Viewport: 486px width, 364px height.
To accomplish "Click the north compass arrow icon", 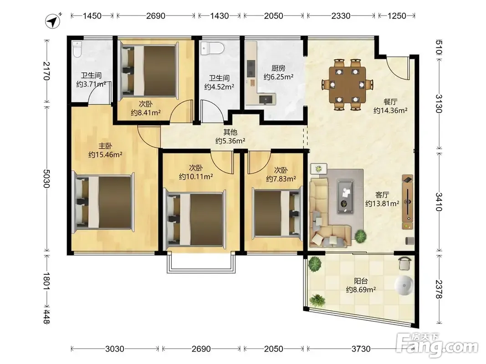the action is (53, 22).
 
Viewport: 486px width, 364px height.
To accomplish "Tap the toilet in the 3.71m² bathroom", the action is (77, 49).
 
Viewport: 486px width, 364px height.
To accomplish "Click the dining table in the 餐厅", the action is (347, 84).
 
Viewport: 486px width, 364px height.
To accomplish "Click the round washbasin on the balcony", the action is (404, 285).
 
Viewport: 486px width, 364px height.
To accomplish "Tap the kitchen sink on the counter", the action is (266, 99).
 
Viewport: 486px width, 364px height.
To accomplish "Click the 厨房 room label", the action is (278, 68).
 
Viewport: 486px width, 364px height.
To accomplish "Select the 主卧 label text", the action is (105, 146).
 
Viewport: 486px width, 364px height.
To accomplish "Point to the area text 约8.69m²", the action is (361, 290).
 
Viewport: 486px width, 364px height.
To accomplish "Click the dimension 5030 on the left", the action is (47, 179).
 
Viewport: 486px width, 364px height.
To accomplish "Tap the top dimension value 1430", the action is (220, 16).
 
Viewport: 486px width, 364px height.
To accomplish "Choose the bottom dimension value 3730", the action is (361, 349).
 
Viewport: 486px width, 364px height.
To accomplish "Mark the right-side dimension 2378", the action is (439, 289).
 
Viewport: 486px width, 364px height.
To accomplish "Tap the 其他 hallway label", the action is (230, 132).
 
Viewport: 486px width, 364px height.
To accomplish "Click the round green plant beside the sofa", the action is (360, 236).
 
